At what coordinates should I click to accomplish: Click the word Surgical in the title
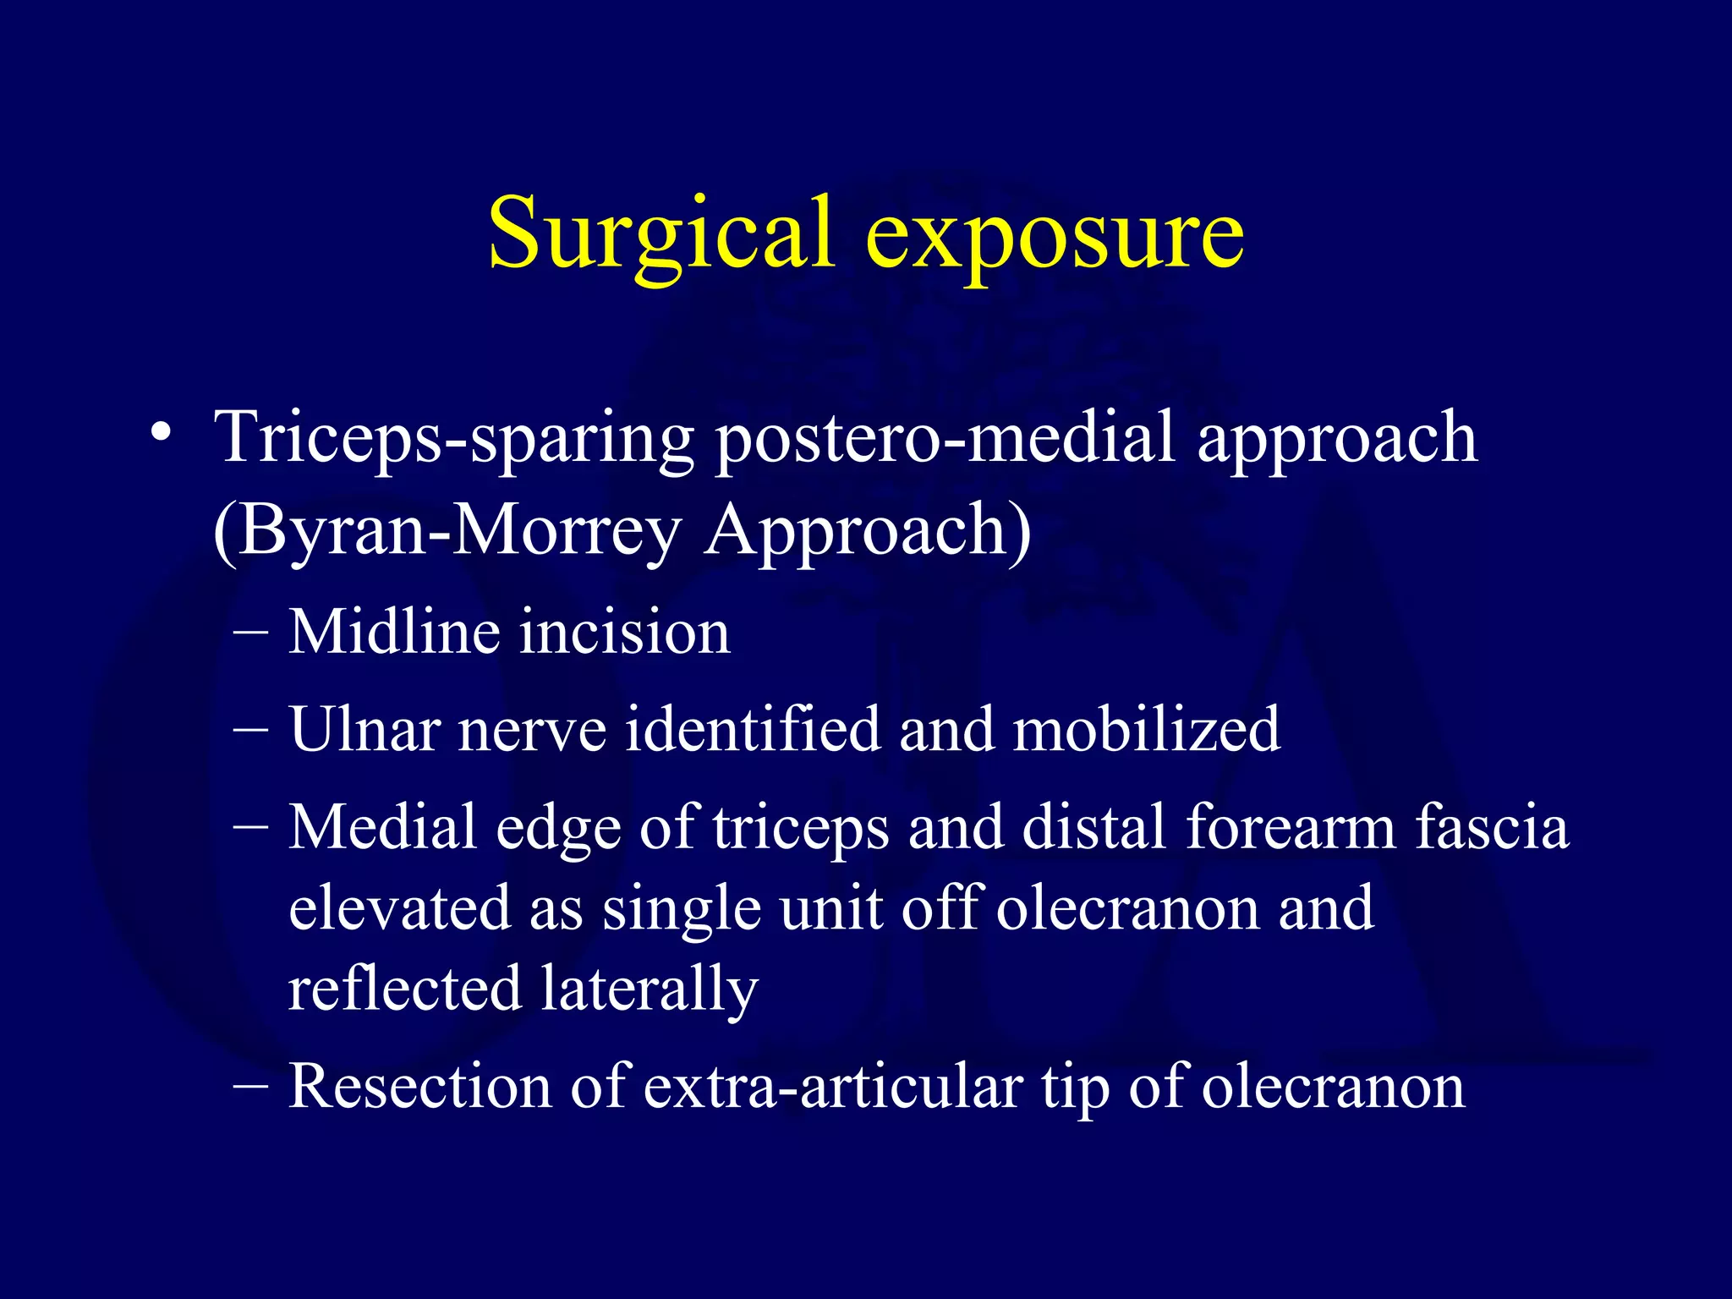[x=660, y=233]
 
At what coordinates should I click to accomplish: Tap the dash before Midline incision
[x=250, y=633]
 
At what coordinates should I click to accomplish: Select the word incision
[x=624, y=632]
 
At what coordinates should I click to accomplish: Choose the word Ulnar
[x=364, y=729]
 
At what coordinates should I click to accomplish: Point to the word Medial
[x=382, y=826]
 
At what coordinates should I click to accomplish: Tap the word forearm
[x=1291, y=826]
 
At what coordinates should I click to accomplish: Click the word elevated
[x=399, y=907]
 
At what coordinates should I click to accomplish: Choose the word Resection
[x=419, y=1086]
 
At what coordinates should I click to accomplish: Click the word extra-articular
[x=833, y=1086]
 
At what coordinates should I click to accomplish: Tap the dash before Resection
[x=250, y=1088]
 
